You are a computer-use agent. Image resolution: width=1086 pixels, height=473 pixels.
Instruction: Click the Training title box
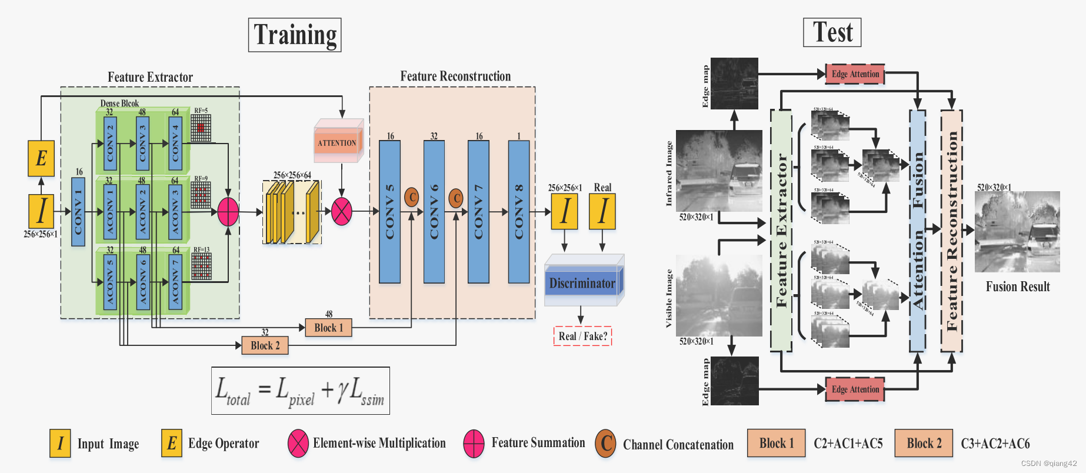click(295, 35)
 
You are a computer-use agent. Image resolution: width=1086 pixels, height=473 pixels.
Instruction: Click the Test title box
click(832, 32)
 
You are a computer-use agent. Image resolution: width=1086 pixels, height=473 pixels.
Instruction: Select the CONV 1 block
click(78, 212)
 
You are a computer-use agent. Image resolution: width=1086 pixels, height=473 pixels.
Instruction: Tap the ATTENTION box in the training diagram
click(337, 143)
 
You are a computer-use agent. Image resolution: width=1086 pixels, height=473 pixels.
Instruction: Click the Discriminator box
click(582, 284)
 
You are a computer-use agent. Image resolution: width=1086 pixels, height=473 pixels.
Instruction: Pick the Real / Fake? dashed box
click(582, 336)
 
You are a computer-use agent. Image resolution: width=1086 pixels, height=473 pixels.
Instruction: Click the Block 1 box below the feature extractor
click(328, 328)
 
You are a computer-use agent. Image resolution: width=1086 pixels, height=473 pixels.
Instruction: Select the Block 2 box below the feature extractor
click(265, 345)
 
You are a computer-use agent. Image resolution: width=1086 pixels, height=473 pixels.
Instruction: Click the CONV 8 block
click(518, 212)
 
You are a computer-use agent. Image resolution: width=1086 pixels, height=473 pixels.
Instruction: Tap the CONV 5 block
click(389, 212)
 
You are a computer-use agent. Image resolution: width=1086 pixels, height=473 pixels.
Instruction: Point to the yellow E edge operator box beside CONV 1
click(41, 158)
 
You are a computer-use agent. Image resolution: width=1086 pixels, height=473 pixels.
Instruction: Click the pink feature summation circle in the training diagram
click(228, 212)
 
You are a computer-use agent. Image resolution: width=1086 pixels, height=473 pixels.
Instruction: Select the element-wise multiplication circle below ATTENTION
click(342, 212)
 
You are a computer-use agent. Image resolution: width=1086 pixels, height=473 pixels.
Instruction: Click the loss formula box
click(301, 391)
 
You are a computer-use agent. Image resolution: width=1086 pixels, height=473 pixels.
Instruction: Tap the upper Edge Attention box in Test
click(855, 74)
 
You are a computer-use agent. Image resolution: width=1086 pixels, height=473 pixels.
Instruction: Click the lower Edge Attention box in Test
click(855, 389)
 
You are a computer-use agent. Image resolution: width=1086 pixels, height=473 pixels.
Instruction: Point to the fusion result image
click(1017, 232)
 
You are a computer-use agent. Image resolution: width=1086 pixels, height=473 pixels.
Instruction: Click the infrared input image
click(719, 171)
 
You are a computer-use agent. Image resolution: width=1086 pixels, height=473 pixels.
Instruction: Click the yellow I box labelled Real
click(602, 212)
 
